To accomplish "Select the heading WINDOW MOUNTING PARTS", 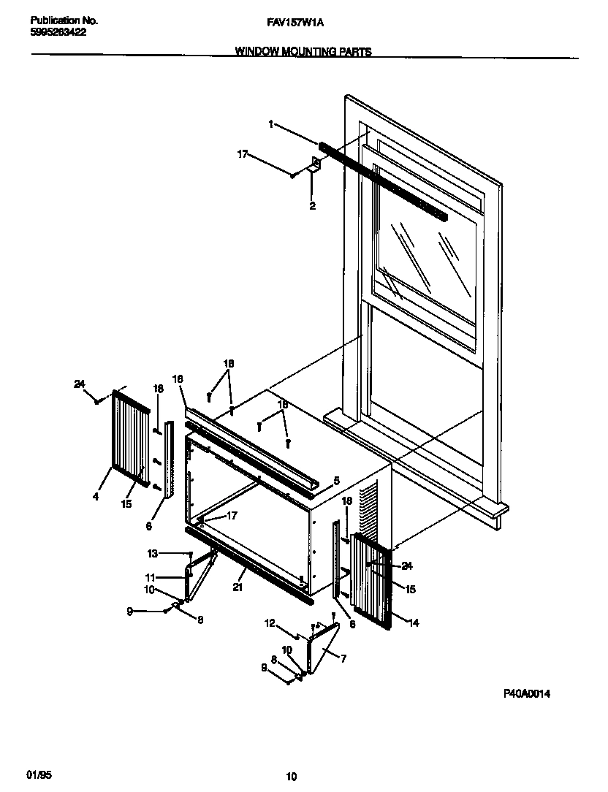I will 303,52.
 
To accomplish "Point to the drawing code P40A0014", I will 526,693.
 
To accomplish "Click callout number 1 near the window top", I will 270,125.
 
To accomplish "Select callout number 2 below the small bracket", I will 312,207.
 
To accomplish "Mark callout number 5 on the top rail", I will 335,481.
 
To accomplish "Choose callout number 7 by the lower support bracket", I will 343,658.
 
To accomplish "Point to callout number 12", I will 270,623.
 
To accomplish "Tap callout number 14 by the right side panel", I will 414,623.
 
